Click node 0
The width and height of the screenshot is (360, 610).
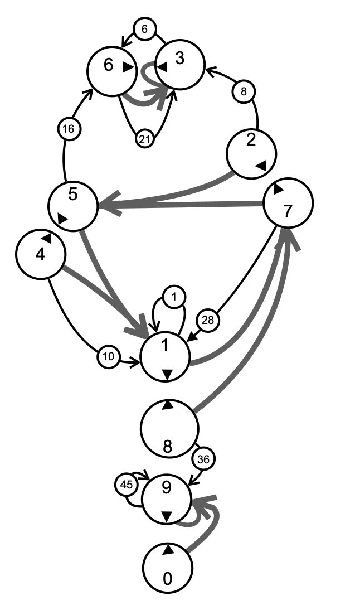point(168,568)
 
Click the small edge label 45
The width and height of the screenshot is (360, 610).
point(127,485)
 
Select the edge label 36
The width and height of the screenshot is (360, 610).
point(203,459)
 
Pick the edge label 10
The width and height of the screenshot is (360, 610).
point(109,357)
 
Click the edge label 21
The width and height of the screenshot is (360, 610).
point(145,139)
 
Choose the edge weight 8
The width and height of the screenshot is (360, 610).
point(244,90)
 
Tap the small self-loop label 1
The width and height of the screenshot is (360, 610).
point(174,298)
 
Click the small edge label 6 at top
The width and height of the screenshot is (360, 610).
point(144,30)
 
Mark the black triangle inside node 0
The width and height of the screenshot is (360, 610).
point(168,550)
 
